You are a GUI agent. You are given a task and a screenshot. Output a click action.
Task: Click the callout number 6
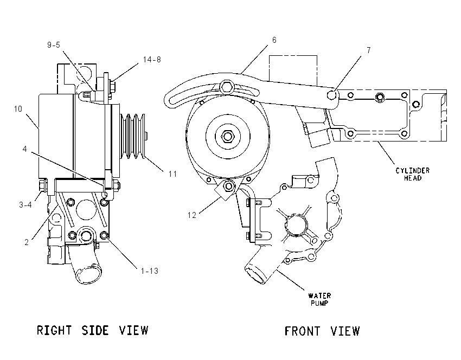click(274, 40)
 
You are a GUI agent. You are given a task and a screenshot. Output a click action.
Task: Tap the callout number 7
click(369, 50)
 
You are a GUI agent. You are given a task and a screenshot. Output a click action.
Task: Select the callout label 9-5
click(54, 45)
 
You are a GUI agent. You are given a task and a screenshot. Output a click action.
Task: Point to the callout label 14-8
click(152, 60)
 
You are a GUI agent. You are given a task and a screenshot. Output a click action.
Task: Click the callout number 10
click(18, 109)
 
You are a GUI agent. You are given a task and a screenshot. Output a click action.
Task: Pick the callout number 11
click(172, 174)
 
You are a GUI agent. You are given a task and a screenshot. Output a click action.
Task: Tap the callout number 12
click(191, 215)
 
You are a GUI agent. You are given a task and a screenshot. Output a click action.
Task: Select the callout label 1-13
click(149, 271)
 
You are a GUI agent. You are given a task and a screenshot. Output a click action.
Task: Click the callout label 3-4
click(25, 205)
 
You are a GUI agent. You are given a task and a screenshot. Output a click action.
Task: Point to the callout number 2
click(27, 242)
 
